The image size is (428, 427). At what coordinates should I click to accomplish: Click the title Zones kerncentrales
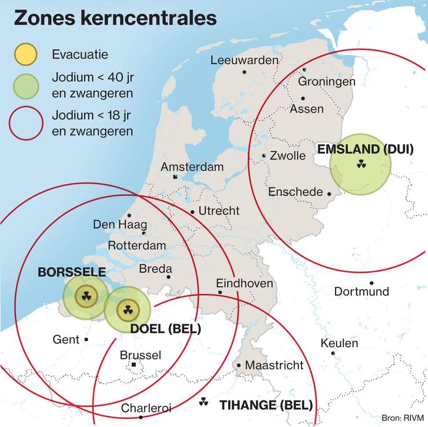115,18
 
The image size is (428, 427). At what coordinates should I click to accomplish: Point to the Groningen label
326,81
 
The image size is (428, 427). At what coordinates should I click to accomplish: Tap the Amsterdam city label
192,167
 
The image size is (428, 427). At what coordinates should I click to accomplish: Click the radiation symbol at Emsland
361,165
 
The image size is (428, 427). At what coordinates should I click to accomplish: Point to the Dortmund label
361,291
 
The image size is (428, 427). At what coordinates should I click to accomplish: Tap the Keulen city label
339,344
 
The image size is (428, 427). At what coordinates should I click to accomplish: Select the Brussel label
141,356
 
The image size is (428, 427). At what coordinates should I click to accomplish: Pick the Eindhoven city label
245,283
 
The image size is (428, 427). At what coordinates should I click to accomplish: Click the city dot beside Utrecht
193,212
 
